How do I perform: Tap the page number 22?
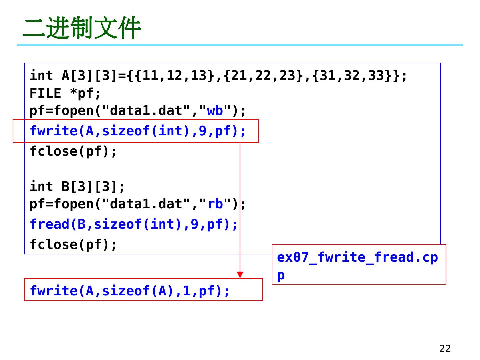tap(445, 348)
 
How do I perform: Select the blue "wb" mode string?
tap(215, 111)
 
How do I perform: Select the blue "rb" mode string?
tap(215, 204)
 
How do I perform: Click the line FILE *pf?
tap(65, 93)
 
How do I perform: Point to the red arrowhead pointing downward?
tap(240, 275)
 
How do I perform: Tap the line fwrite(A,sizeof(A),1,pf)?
tap(130, 291)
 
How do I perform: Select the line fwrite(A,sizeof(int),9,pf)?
tap(138, 131)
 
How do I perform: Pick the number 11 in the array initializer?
tap(150, 76)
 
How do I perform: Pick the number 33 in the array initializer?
tap(377, 76)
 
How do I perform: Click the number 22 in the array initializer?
tap(263, 76)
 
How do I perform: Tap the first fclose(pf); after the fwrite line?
tap(73, 152)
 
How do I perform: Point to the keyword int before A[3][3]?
tap(41, 76)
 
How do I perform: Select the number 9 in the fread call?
tap(195, 224)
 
